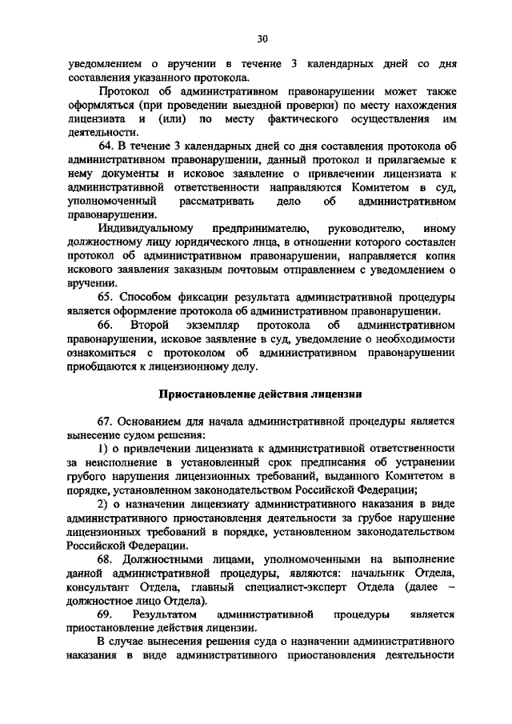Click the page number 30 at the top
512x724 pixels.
pyautogui.click(x=262, y=38)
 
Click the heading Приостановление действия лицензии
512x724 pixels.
pyautogui.click(x=260, y=394)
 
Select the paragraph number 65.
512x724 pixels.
pyautogui.click(x=106, y=296)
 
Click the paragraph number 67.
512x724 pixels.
pyautogui.click(x=106, y=421)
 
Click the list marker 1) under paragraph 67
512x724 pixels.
pyautogui.click(x=102, y=449)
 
